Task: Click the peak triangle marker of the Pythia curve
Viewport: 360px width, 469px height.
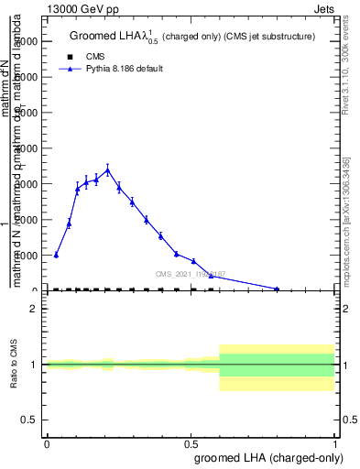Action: [x=107, y=169]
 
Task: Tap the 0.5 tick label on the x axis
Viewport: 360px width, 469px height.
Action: [x=191, y=442]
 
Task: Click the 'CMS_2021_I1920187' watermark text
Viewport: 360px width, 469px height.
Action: [x=189, y=273]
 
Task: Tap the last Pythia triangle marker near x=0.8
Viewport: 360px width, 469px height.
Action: [x=277, y=289]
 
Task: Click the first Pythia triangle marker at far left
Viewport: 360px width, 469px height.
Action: [x=56, y=255]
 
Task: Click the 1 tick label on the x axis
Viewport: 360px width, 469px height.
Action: [x=335, y=442]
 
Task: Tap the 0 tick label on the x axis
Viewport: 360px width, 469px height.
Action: [x=47, y=442]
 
